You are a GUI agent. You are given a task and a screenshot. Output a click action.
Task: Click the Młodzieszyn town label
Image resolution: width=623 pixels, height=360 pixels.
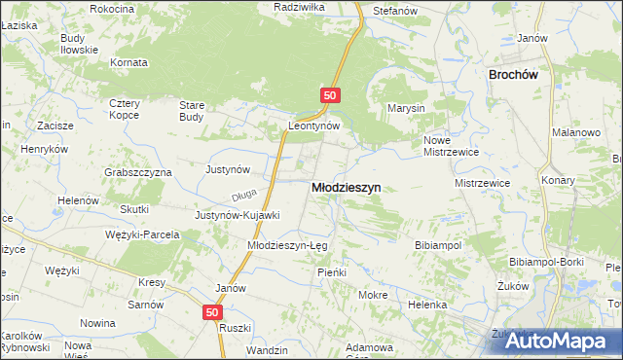346,187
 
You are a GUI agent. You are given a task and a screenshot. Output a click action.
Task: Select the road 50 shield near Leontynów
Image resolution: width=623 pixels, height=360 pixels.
330,94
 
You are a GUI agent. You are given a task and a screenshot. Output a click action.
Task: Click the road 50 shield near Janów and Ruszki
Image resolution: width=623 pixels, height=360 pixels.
214,312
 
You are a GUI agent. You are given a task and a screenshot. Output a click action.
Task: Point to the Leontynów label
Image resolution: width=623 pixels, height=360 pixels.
313,126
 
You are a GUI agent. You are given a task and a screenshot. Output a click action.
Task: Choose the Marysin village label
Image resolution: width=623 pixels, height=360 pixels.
407,108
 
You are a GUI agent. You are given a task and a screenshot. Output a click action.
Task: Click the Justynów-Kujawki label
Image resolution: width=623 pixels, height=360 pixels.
238,215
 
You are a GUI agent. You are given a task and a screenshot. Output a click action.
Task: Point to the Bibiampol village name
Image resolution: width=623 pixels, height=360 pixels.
438,245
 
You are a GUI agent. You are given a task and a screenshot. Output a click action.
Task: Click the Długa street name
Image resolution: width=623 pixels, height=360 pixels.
244,194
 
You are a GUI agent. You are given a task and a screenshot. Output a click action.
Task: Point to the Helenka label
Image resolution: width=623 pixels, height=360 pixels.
427,304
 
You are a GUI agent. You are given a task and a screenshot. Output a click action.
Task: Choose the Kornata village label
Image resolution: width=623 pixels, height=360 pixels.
128,62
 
